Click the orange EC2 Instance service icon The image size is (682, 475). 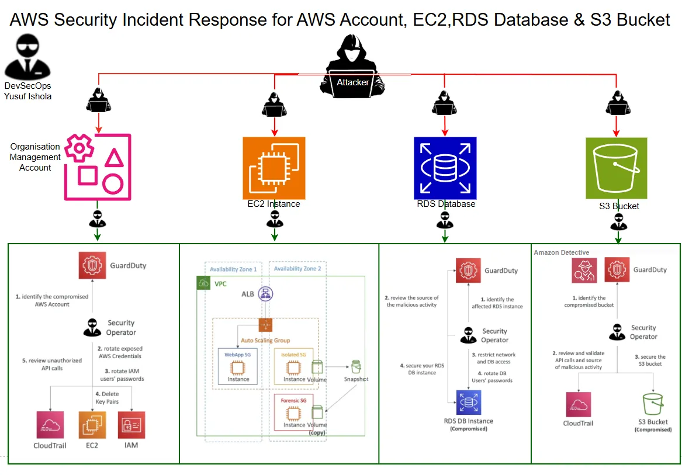pos(274,168)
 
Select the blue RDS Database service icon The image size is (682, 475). pos(445,168)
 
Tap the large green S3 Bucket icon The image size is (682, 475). pos(617,168)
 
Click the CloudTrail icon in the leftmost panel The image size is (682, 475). pos(50,425)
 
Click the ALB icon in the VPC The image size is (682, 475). pos(266,294)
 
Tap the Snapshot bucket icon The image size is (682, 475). pos(356,367)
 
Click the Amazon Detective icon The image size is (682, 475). pos(585,271)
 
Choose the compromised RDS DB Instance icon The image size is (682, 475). pos(468,403)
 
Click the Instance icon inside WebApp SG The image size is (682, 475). pos(238,368)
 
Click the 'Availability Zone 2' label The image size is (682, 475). pos(297,269)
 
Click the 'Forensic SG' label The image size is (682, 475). pos(294,400)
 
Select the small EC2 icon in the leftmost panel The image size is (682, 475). pos(92,425)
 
